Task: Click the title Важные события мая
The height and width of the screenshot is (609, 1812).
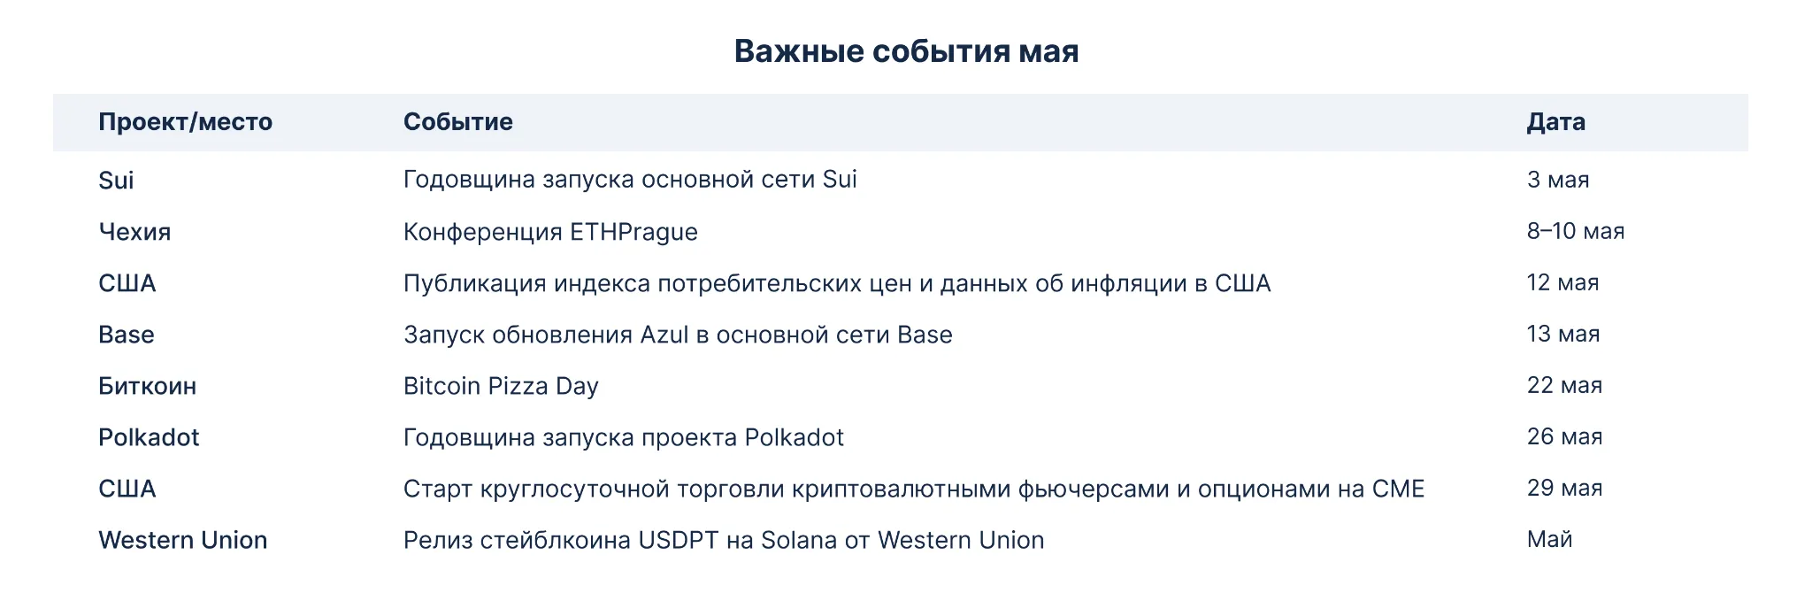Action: pos(906,51)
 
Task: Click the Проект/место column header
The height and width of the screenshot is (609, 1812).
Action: pos(185,122)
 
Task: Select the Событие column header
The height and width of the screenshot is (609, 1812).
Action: pos(458,122)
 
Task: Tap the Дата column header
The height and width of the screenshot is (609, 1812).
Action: pos(1555,122)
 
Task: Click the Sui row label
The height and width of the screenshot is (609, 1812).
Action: pos(116,181)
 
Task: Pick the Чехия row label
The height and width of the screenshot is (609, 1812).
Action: pos(134,232)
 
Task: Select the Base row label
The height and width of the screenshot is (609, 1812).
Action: pos(127,335)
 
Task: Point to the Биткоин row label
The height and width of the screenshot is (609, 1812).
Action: pos(147,386)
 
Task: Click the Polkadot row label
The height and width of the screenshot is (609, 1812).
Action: pos(149,437)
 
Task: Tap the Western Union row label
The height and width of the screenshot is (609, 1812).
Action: pos(182,540)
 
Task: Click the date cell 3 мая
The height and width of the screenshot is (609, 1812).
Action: pos(1558,180)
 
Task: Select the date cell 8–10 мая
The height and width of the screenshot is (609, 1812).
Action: pos(1576,231)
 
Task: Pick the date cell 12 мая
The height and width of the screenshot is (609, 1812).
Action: pos(1562,282)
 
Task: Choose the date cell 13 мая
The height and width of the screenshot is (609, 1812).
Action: pos(1563,334)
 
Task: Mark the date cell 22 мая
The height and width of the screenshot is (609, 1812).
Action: pos(1564,385)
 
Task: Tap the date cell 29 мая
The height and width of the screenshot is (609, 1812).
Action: pos(1564,488)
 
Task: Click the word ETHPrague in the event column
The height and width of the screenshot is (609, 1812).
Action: pos(633,233)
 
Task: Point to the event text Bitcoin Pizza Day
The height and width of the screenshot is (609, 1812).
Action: pos(501,387)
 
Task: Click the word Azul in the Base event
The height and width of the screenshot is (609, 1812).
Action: pos(664,335)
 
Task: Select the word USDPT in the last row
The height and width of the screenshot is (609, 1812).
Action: pos(679,540)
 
